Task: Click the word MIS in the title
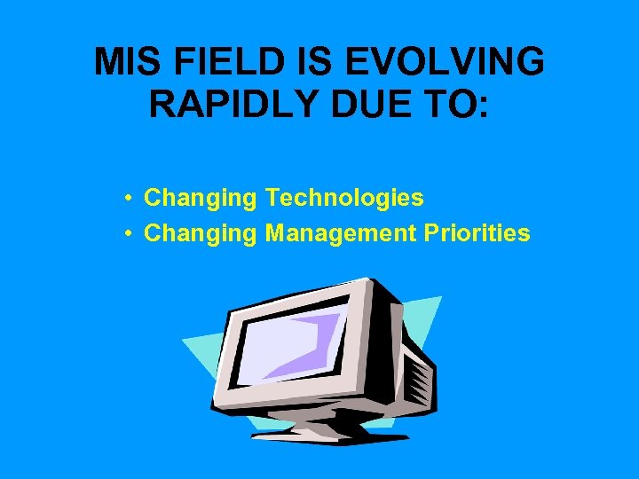click(126, 62)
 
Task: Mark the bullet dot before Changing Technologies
click(130, 198)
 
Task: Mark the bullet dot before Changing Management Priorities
click(130, 234)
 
